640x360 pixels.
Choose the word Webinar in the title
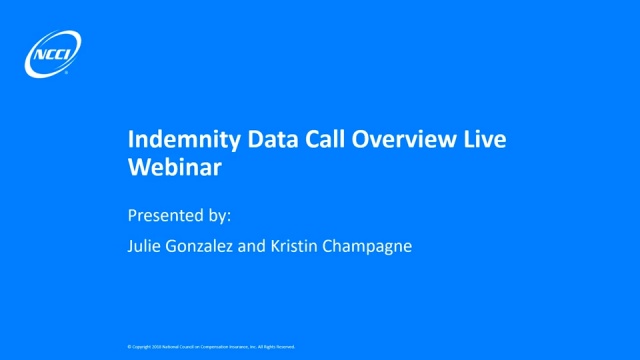coord(175,168)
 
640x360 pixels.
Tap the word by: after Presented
coord(218,215)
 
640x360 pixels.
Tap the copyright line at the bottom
coord(211,346)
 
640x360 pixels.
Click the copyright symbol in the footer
coord(129,346)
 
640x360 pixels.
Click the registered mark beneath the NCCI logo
coord(65,73)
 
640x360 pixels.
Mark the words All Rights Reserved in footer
coord(277,346)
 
